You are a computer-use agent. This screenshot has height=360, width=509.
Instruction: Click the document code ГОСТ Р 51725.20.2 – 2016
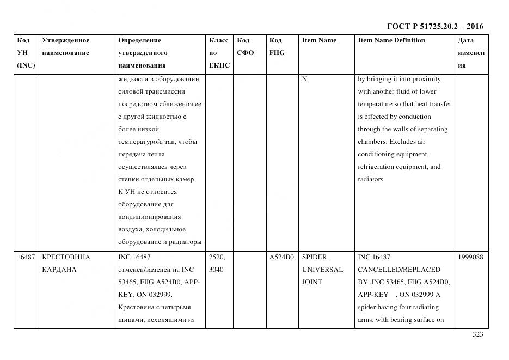click(x=434, y=26)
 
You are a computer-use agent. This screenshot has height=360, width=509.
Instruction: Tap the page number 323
click(x=478, y=334)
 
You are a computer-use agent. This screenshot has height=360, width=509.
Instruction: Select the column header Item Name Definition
click(x=391, y=40)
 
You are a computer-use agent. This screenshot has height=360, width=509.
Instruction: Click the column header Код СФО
click(x=246, y=47)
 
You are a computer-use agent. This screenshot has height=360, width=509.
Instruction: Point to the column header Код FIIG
click(x=277, y=47)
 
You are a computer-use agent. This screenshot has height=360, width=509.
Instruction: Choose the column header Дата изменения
click(x=470, y=53)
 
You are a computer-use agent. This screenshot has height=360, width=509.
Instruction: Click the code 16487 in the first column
click(x=25, y=257)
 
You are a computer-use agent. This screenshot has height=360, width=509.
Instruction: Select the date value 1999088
click(x=470, y=257)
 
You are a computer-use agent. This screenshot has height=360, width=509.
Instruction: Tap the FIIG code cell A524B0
click(x=281, y=257)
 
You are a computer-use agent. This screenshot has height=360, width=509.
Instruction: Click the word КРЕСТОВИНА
click(x=66, y=257)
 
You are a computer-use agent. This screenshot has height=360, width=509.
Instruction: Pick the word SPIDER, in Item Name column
click(x=315, y=257)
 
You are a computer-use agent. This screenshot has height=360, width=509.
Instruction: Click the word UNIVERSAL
click(x=322, y=270)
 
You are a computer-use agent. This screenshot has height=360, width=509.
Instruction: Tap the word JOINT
click(x=312, y=282)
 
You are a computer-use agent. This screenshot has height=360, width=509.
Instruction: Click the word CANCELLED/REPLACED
click(x=399, y=270)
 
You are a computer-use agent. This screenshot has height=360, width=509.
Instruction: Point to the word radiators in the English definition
click(x=370, y=180)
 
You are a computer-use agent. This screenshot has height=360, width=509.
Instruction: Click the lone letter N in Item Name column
click(x=305, y=79)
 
